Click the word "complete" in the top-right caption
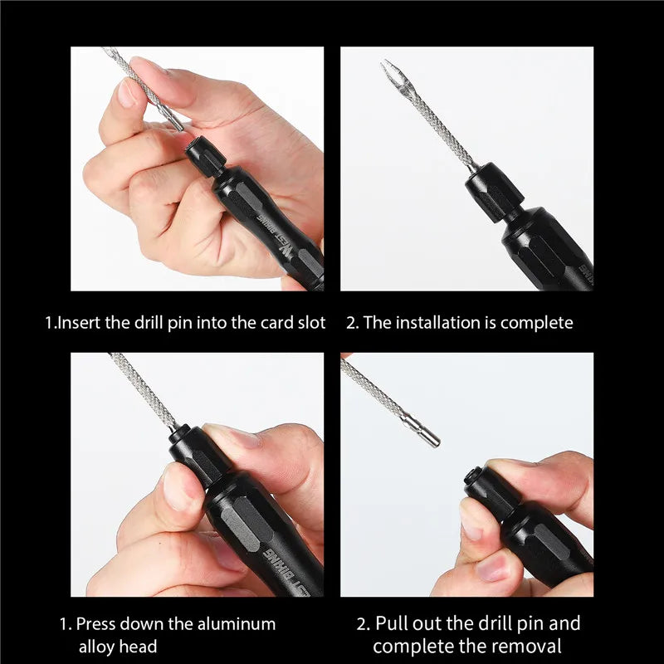click(x=538, y=323)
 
